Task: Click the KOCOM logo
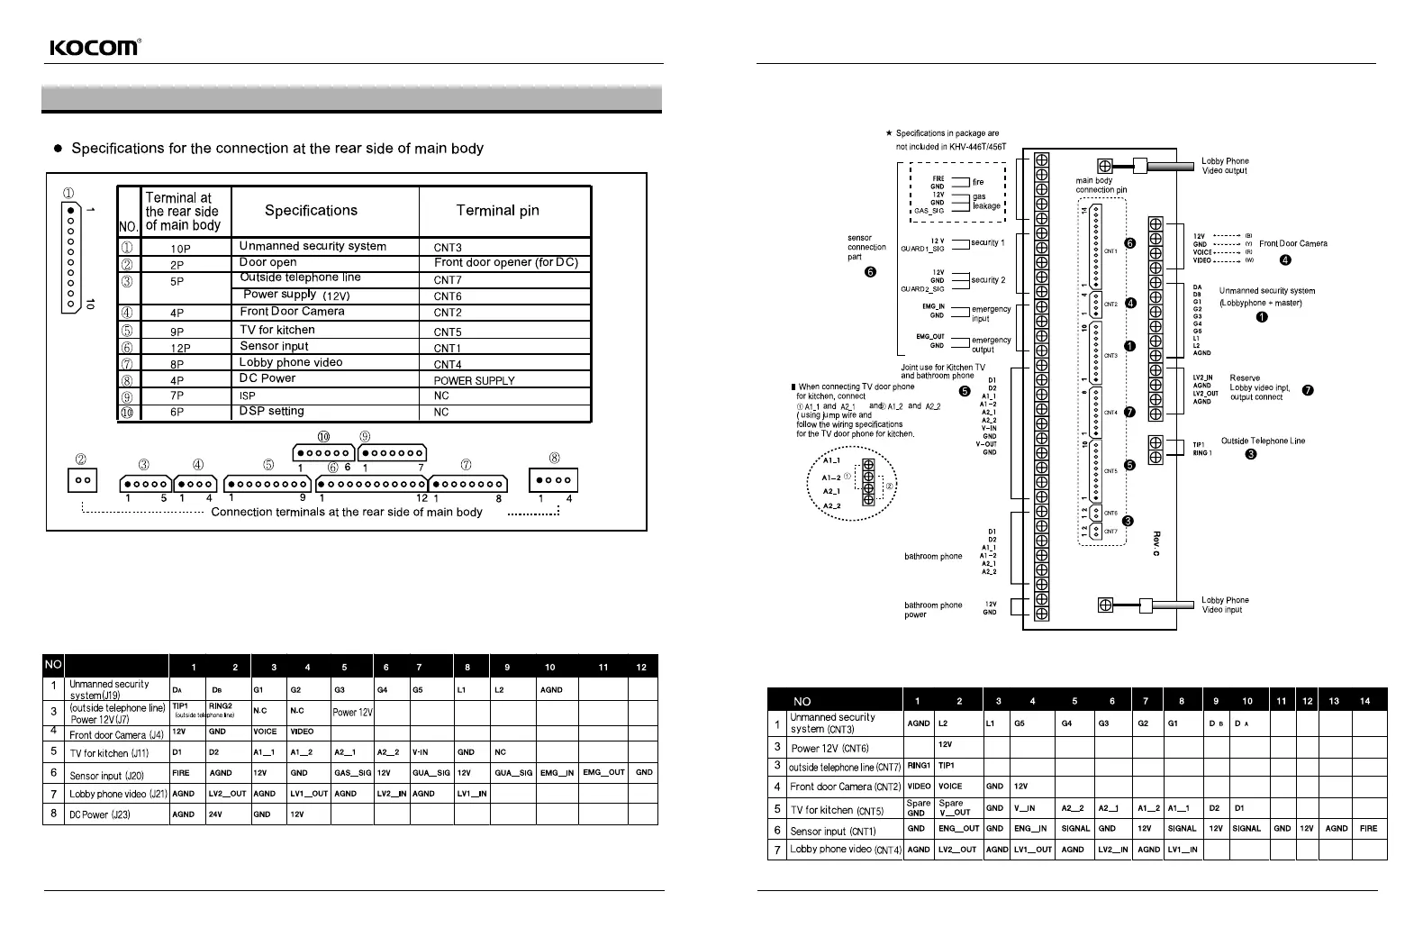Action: coord(94,48)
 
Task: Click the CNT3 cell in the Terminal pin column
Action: coord(448,247)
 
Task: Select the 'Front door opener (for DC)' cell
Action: coord(505,263)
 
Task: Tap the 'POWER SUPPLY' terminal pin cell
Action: coord(474,380)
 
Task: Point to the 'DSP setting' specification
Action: coord(271,411)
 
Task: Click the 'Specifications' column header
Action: coord(311,211)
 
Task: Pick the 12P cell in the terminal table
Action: coord(180,348)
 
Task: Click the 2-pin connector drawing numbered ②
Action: coord(82,479)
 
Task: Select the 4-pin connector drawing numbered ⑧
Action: coord(553,479)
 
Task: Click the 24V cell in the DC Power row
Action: coord(215,814)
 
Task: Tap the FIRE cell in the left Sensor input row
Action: coord(181,772)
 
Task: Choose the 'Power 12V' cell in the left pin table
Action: coord(352,712)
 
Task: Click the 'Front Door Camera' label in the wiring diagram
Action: coord(1292,243)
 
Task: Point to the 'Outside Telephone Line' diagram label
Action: coord(1262,441)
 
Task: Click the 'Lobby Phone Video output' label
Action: coord(1225,166)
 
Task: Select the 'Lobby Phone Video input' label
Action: coord(1225,605)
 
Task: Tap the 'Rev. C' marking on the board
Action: coord(1156,543)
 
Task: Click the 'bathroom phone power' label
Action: coord(932,610)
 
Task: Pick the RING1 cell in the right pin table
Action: coord(918,766)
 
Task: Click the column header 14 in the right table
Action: coord(1365,701)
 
